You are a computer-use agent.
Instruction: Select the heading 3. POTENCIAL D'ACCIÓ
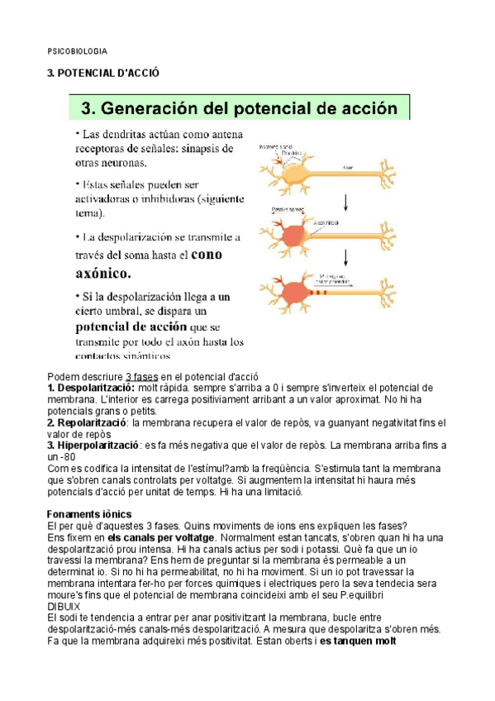point(102,74)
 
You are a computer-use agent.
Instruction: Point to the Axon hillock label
point(325,221)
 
